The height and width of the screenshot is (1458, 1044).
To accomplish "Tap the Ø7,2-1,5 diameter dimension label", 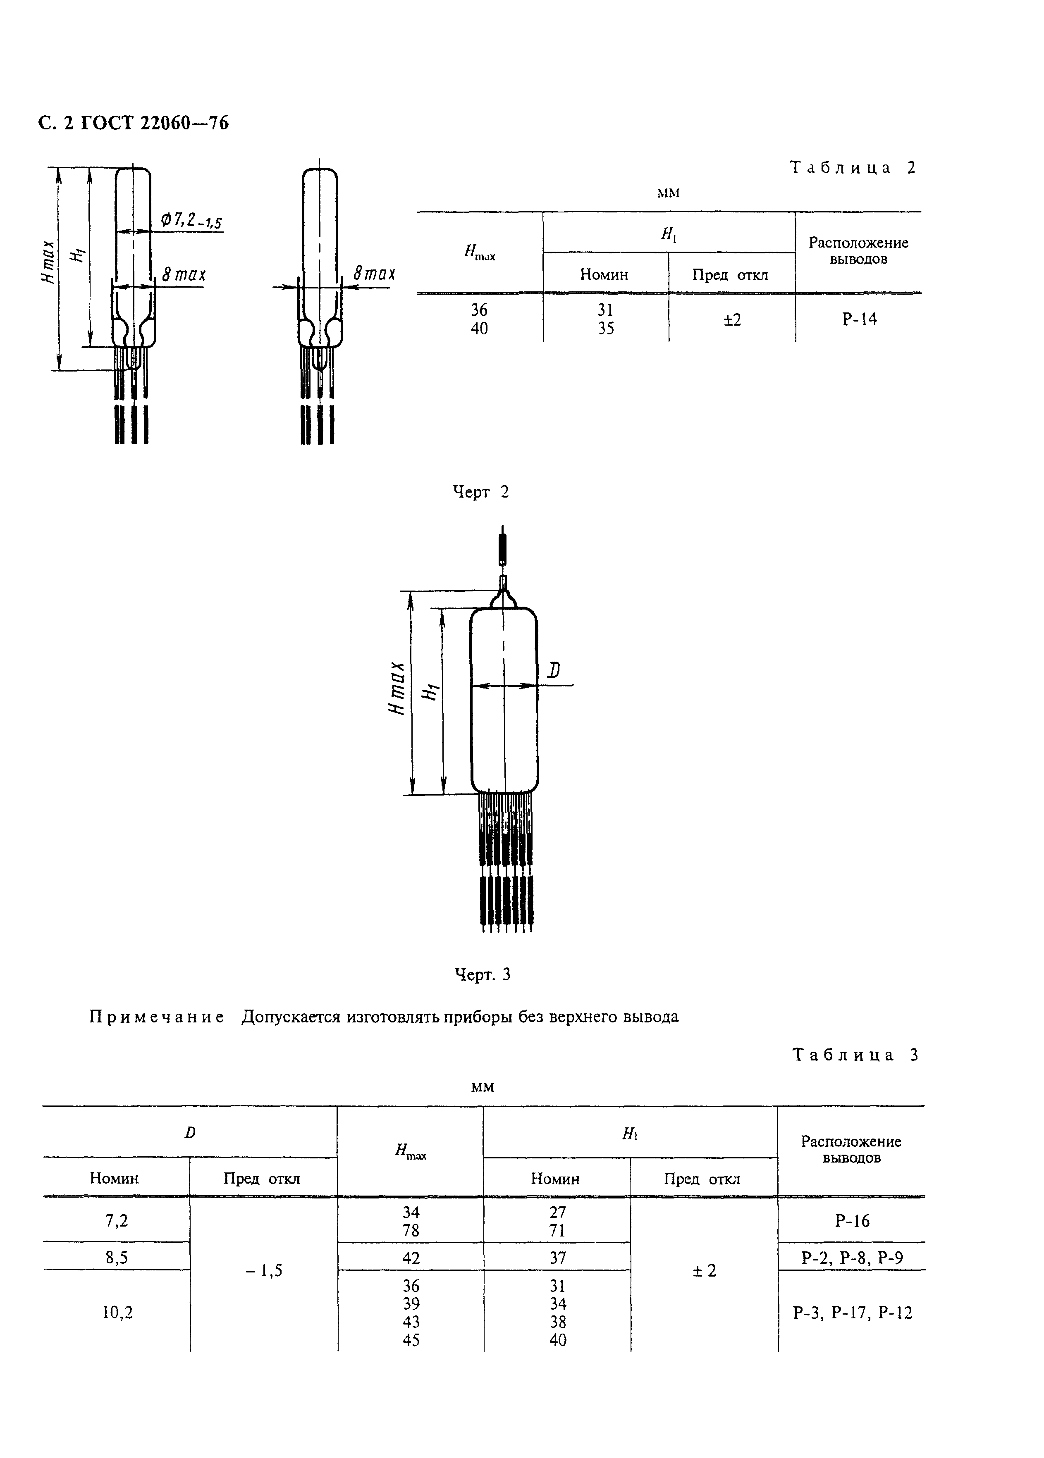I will [191, 221].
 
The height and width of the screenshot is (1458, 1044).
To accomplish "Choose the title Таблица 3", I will [855, 1055].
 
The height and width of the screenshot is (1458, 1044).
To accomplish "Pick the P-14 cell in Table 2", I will [859, 319].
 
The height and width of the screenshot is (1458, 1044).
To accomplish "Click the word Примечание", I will [156, 1017].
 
